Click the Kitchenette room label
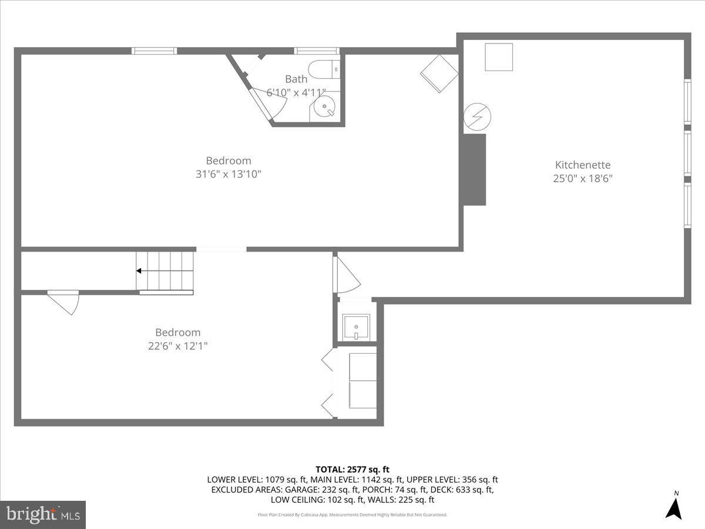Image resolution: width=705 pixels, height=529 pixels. click(x=583, y=165)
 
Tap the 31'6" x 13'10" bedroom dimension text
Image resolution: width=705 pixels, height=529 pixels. click(x=228, y=174)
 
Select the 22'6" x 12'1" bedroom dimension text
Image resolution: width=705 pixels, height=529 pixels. click(x=177, y=346)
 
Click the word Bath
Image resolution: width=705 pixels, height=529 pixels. click(x=296, y=79)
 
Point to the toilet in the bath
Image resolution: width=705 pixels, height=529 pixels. click(x=324, y=69)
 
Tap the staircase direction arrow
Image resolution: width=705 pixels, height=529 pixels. click(x=140, y=271)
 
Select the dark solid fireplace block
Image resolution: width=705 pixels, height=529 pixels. click(x=475, y=169)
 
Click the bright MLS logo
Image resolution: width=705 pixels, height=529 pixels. click(x=43, y=514)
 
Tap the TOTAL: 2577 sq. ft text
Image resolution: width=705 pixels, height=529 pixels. click(x=352, y=469)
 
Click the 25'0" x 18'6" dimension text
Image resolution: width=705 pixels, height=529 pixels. click(x=583, y=179)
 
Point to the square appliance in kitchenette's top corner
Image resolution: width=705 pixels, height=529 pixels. click(x=498, y=57)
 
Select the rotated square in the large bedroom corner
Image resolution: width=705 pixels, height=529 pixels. click(x=439, y=73)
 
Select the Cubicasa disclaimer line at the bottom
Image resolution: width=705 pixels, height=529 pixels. click(x=352, y=514)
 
